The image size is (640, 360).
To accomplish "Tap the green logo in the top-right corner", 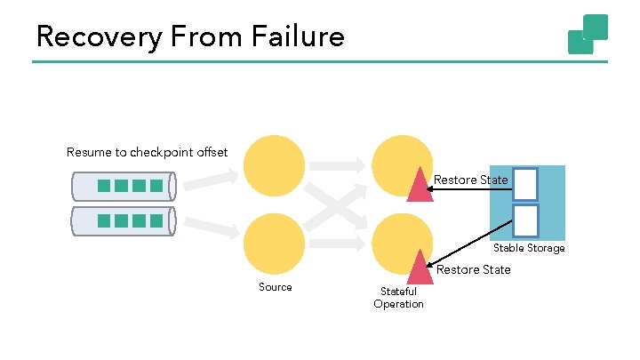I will (588, 34).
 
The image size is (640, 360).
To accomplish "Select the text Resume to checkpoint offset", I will (147, 152).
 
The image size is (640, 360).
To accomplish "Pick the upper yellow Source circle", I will (274, 165).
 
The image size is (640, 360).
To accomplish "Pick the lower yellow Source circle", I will (274, 244).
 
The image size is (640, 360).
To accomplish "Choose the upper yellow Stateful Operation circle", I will (401, 163).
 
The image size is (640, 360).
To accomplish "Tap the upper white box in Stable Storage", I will (525, 184).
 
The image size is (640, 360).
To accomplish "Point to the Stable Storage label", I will (529, 248).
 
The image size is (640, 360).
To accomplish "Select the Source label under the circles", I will (275, 287).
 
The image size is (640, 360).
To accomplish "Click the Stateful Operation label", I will (398, 298).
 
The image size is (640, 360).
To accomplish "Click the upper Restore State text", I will (471, 180).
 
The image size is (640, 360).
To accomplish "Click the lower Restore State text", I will (474, 269).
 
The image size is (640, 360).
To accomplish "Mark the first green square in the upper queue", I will (103, 186).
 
